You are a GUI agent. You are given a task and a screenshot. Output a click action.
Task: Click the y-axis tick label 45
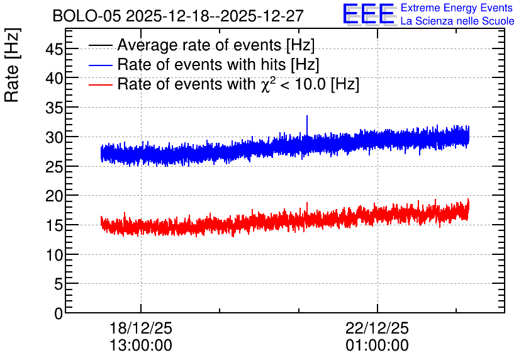(x=53, y=50)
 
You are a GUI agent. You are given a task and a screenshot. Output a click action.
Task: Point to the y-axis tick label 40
(x=53, y=79)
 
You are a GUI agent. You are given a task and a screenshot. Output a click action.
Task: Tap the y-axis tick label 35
(x=53, y=108)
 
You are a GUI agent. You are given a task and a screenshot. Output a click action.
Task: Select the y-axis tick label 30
(x=53, y=137)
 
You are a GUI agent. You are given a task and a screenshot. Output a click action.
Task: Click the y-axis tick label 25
(x=53, y=167)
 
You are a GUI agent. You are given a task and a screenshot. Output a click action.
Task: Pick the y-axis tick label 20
(x=53, y=196)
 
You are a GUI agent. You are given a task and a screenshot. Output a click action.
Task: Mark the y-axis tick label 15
(x=53, y=225)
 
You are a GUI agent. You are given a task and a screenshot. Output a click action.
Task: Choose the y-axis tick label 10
(x=53, y=255)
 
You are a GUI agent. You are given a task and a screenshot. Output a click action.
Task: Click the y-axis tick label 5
(x=58, y=284)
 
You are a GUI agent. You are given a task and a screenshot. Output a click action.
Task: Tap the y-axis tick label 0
(x=59, y=313)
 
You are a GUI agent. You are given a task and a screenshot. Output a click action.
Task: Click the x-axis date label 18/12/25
(x=141, y=328)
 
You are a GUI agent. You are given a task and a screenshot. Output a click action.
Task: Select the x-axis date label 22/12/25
(x=377, y=328)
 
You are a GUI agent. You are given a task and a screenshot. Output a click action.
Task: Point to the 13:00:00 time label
(x=141, y=346)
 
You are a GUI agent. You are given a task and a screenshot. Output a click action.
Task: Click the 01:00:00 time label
(x=377, y=346)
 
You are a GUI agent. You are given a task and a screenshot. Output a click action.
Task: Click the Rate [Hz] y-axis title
(x=12, y=65)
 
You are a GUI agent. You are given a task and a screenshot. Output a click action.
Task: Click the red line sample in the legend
(x=100, y=85)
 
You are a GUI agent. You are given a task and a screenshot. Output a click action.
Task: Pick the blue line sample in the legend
(x=100, y=65)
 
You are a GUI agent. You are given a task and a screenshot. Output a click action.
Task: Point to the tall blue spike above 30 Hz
(x=306, y=125)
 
